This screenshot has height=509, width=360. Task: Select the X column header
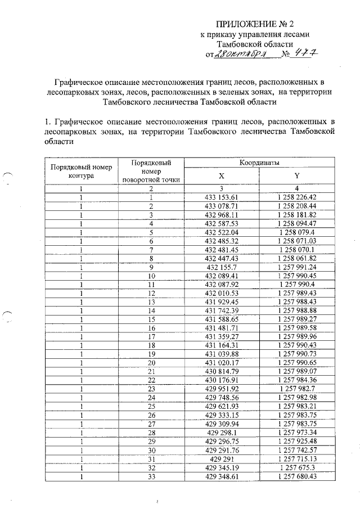click(222, 176)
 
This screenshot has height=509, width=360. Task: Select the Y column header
click(297, 176)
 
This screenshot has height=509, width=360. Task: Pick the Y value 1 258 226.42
click(297, 197)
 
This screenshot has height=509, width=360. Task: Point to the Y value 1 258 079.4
click(297, 232)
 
